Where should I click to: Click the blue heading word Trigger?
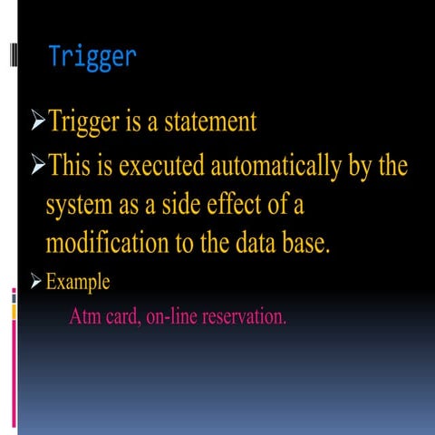[x=92, y=57]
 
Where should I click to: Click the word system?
[x=80, y=207]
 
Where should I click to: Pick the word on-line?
[x=176, y=318]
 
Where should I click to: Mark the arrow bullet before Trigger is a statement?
[x=36, y=121]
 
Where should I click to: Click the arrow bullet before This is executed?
[x=36, y=168]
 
